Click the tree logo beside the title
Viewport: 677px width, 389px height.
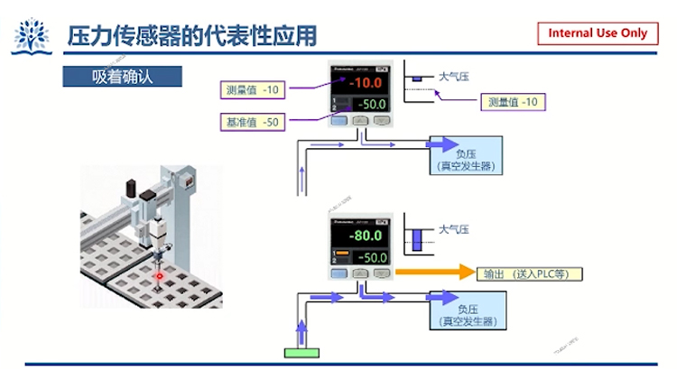tap(32, 35)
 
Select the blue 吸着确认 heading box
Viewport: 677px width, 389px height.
tap(122, 76)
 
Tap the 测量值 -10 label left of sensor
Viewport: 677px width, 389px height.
tap(254, 89)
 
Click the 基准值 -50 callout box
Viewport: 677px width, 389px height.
tap(254, 121)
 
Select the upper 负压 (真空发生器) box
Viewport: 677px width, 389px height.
tap(467, 154)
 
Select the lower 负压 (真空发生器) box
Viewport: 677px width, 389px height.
tap(467, 310)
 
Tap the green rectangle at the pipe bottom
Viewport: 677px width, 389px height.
tap(305, 352)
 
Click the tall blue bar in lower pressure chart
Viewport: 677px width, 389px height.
tap(417, 239)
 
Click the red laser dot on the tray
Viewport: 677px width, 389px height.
tap(160, 273)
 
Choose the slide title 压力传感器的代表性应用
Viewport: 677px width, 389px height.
tap(193, 35)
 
